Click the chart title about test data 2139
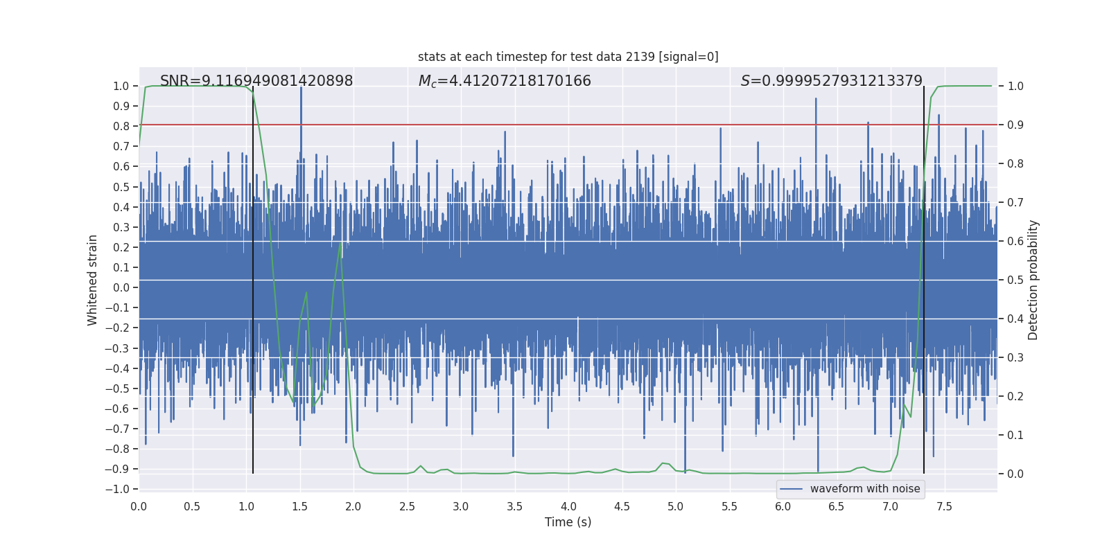568,57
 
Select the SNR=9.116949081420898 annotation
256,81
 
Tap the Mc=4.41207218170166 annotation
505,81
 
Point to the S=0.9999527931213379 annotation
831,81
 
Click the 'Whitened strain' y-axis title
92,280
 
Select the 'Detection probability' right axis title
1033,280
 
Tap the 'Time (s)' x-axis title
568,522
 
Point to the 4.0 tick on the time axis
568,506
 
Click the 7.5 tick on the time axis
944,506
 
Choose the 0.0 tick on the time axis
139,506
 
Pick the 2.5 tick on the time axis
407,506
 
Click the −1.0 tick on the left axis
118,489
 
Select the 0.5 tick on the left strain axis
121,187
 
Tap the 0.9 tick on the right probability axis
1015,125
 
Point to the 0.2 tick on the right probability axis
1015,397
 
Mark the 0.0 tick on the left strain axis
121,287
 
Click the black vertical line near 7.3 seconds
924,277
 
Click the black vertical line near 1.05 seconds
253,277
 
